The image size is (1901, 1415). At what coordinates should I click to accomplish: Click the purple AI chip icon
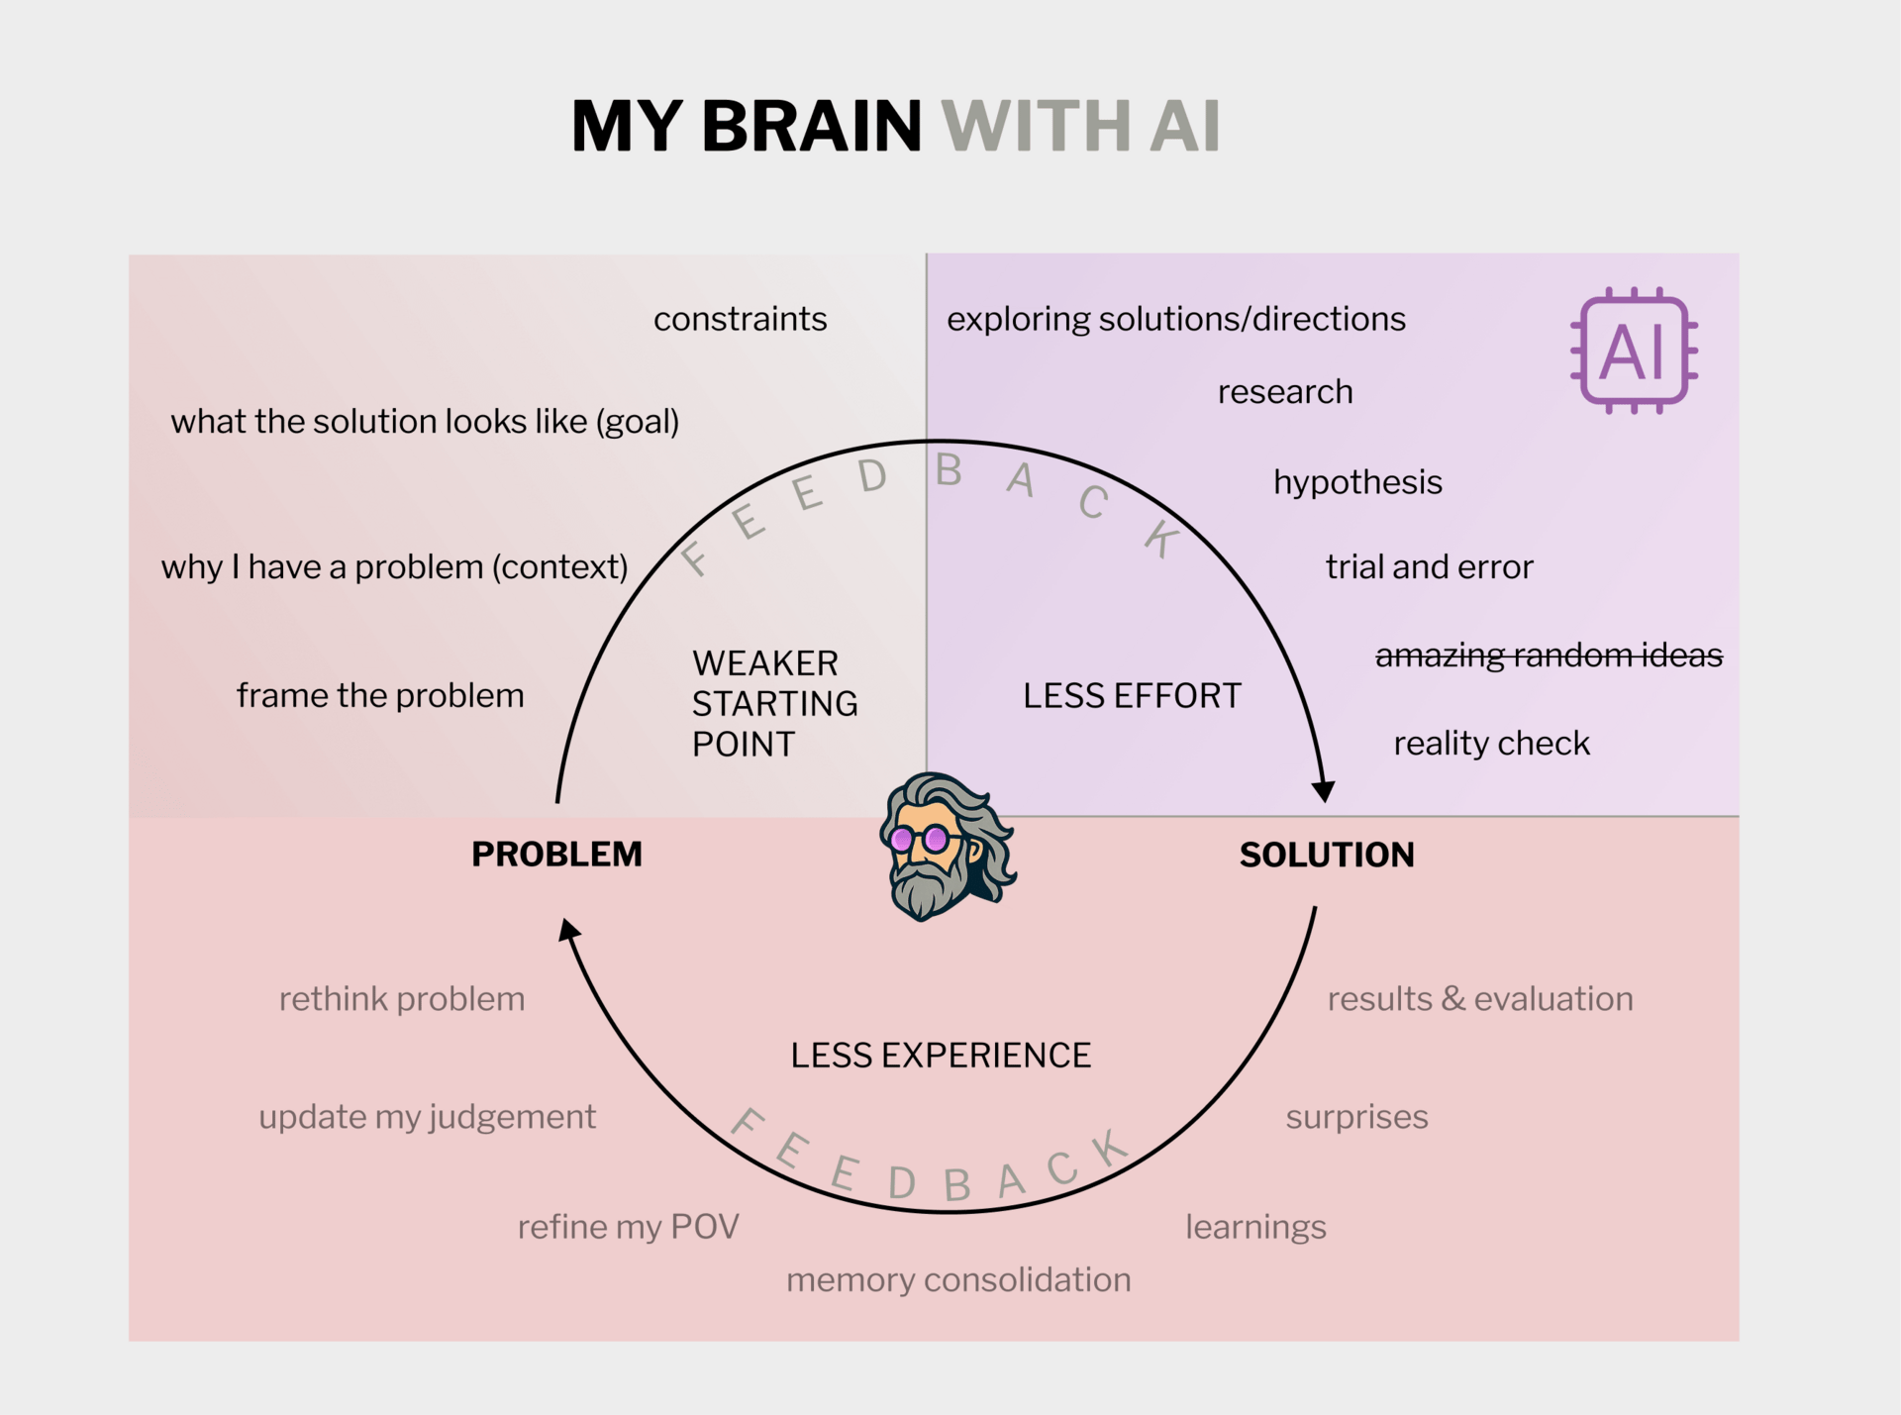pos(1634,351)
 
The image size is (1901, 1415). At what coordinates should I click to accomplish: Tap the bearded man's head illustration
pos(946,847)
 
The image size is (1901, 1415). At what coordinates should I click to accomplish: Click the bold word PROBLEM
pos(556,854)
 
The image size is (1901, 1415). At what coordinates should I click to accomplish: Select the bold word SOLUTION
pos(1327,855)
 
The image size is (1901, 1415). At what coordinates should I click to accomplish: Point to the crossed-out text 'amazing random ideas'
pos(1549,655)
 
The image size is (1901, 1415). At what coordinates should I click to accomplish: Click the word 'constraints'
pos(740,319)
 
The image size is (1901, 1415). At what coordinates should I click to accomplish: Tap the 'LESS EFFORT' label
pos(1132,695)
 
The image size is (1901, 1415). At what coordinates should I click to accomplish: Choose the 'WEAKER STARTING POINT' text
pos(774,703)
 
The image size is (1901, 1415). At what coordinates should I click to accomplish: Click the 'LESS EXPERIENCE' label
pos(941,1056)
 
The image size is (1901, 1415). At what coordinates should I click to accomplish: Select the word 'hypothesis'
pos(1357,482)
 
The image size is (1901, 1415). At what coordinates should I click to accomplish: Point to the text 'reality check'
pos(1491,743)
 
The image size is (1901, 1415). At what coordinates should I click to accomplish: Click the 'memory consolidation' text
pos(958,1279)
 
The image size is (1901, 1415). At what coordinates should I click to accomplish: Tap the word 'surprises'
pos(1356,1117)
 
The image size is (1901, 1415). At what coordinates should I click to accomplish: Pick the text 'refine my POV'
pos(628,1227)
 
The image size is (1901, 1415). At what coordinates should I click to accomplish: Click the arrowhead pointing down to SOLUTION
pos(1323,791)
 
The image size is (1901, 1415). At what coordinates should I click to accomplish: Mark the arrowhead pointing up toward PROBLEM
pos(568,930)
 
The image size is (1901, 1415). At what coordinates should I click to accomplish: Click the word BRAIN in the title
pos(811,126)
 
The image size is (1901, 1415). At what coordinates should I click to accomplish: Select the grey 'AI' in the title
pos(1184,126)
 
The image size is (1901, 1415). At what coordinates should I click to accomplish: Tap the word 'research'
pos(1285,392)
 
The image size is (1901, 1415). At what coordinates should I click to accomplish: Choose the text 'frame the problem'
pos(380,695)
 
